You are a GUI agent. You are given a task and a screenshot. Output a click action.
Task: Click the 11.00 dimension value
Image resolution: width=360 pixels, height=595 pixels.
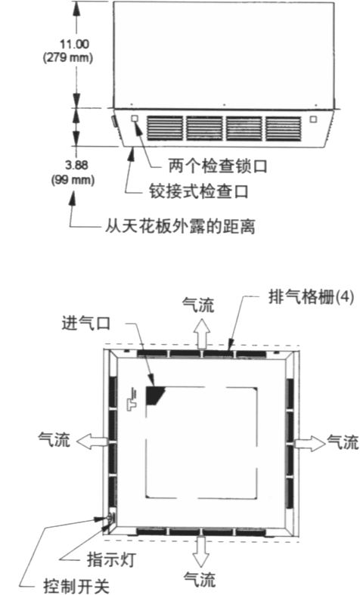[x=75, y=44]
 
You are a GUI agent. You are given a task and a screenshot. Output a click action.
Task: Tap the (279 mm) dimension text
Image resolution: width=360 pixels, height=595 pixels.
[x=68, y=57]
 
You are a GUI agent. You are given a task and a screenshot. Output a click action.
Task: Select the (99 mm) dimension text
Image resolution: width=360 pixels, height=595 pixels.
[x=73, y=179]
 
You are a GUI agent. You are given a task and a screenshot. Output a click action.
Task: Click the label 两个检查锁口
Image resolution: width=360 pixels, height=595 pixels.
[x=218, y=166]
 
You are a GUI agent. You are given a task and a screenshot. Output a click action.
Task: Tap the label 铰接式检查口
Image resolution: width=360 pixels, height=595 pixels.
[x=199, y=191]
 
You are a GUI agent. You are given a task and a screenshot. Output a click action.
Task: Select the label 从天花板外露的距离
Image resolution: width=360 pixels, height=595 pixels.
[x=180, y=226]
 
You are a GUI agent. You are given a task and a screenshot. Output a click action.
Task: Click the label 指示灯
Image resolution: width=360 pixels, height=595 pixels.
[x=112, y=559]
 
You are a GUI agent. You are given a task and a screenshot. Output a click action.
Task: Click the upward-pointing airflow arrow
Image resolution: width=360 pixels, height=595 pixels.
[x=202, y=333]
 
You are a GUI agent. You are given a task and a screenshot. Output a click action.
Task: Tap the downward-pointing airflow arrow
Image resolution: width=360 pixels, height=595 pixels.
[x=200, y=552]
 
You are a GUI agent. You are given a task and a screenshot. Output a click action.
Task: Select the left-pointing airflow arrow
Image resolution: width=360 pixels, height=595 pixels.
[x=92, y=442]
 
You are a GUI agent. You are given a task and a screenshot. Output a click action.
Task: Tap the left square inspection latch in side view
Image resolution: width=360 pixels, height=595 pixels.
[x=134, y=119]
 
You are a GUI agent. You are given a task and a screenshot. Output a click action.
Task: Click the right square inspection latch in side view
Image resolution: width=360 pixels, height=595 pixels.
[x=313, y=119]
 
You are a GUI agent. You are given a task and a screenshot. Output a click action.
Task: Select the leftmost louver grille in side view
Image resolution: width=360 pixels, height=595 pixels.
[x=165, y=129]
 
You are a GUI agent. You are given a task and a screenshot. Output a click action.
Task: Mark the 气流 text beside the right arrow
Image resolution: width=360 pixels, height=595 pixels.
[x=343, y=442]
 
